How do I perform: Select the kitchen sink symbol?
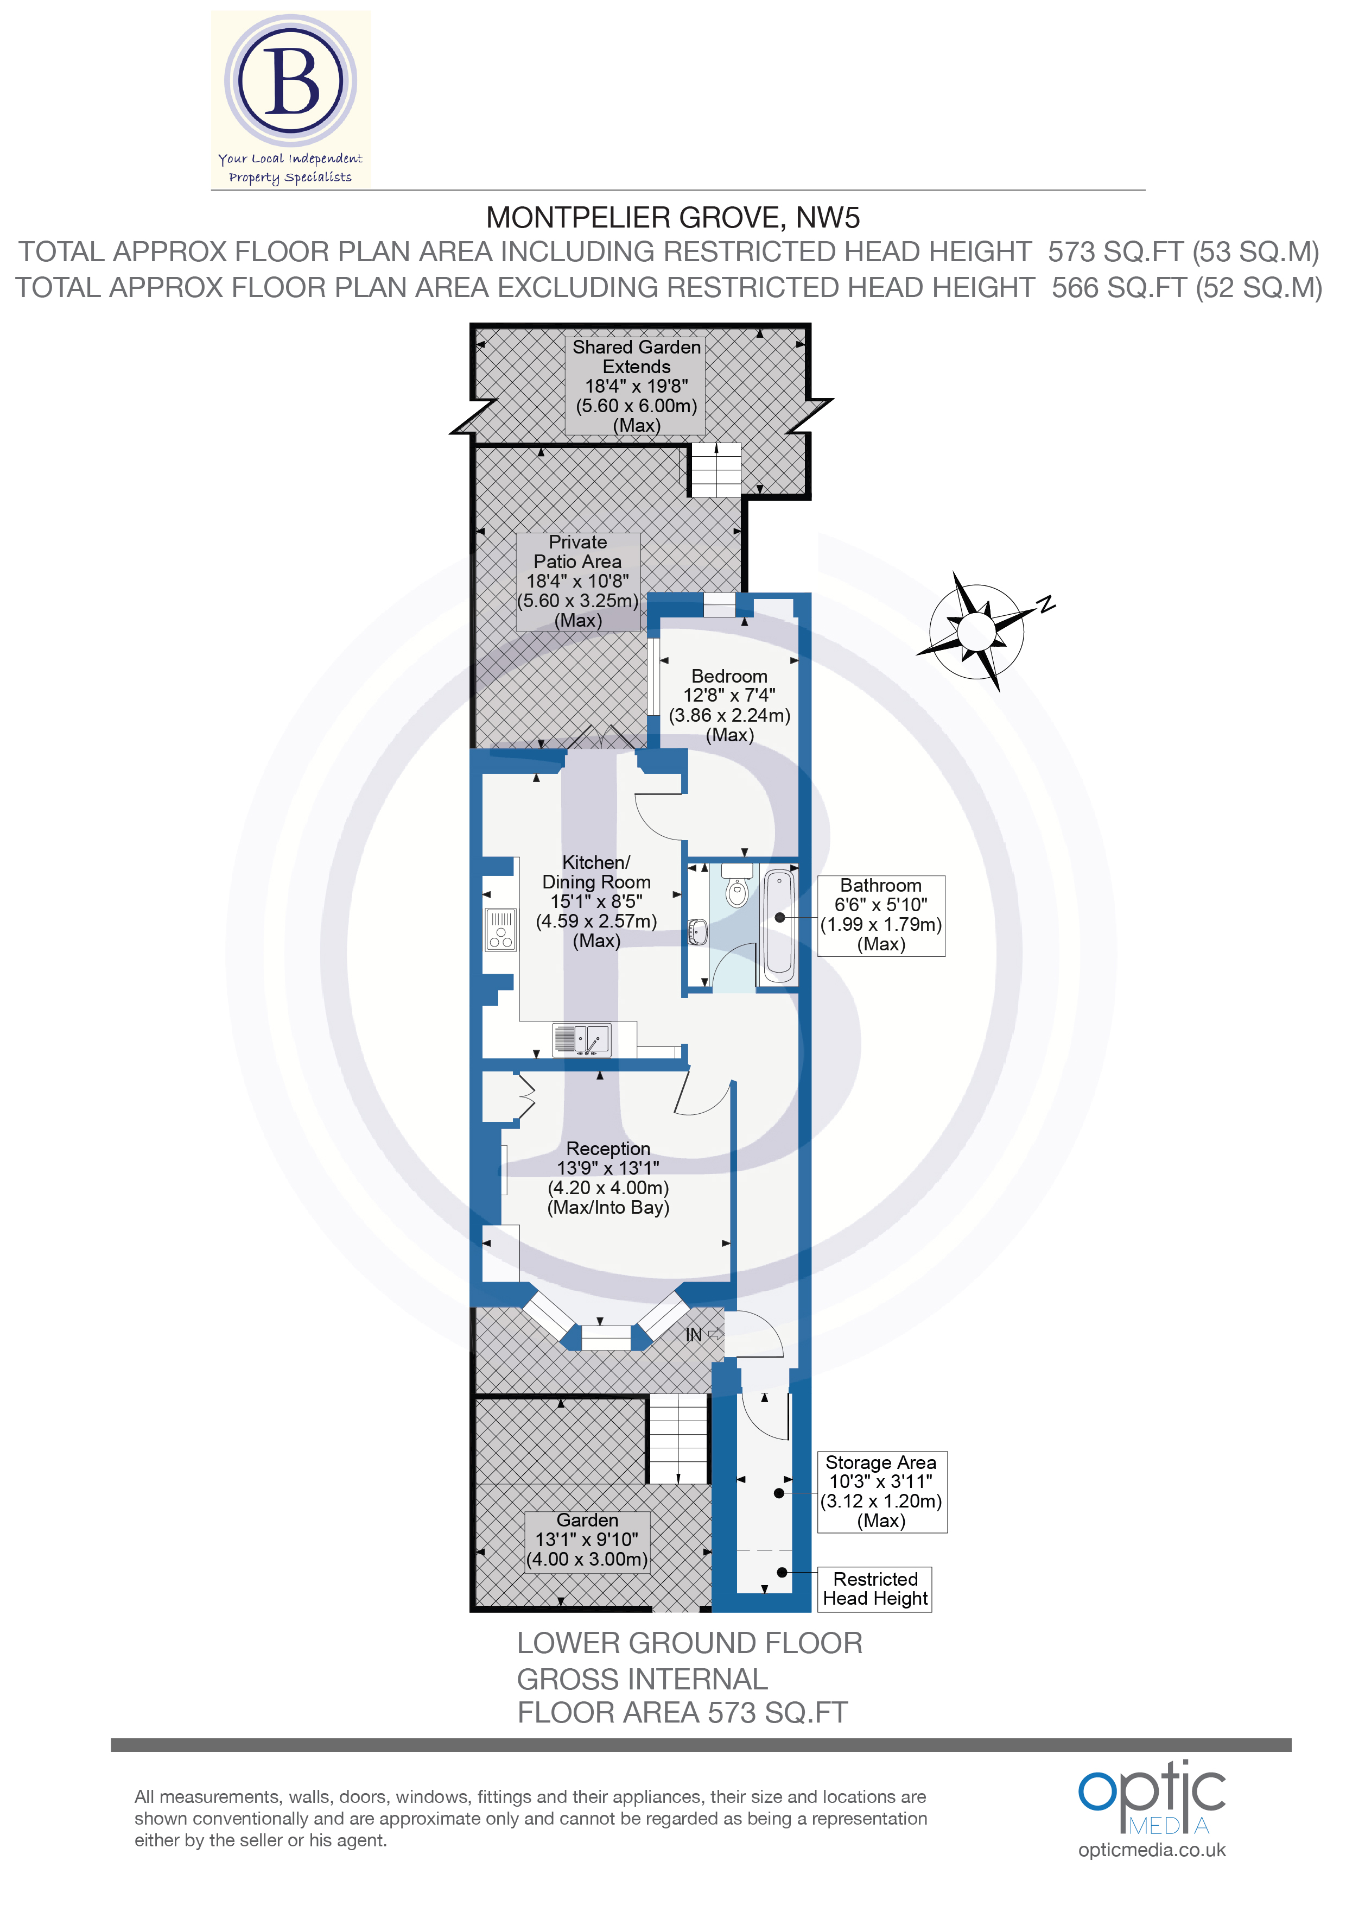[583, 1039]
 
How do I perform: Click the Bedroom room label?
[729, 676]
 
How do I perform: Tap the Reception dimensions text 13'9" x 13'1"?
[608, 1168]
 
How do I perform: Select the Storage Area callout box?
[881, 1491]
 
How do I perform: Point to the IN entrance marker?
[694, 1335]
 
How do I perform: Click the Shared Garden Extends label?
[636, 357]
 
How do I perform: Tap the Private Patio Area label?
[578, 552]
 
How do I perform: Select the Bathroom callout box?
[881, 914]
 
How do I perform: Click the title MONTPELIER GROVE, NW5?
[672, 217]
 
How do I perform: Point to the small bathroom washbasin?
[699, 932]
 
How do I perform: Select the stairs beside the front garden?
[678, 1439]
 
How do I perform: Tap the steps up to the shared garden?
[715, 470]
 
